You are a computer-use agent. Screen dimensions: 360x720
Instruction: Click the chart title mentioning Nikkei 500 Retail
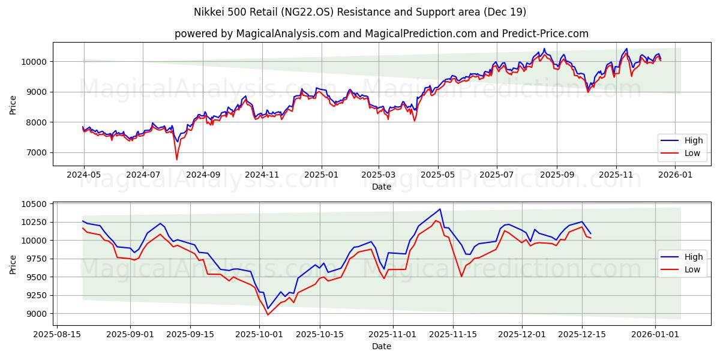click(360, 12)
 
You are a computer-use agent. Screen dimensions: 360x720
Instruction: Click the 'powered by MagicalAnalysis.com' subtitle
click(382, 34)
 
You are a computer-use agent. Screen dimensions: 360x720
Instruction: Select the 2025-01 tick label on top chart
click(322, 175)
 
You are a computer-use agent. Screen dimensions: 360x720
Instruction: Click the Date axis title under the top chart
click(382, 187)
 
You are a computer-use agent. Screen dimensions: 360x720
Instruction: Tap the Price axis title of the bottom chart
click(13, 264)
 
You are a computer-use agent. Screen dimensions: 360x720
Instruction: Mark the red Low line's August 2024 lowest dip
click(176, 159)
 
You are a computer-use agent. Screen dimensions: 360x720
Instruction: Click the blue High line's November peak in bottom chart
click(440, 209)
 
